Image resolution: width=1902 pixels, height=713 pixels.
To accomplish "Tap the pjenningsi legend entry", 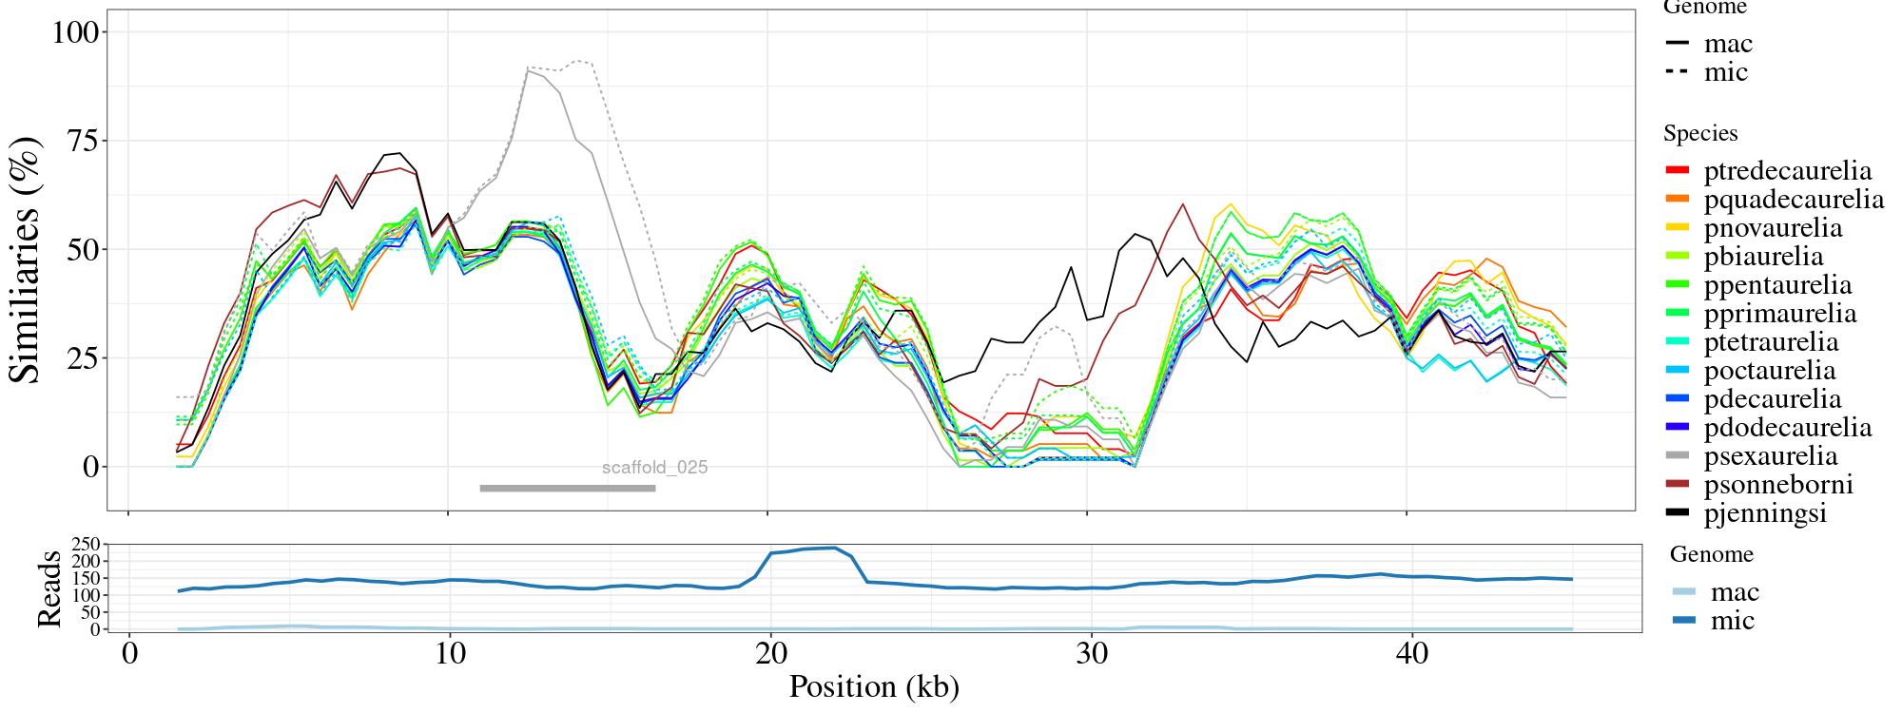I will [x=1765, y=513].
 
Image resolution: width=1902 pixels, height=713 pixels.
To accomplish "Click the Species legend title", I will [x=1700, y=133].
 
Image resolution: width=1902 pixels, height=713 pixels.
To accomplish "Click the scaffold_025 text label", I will [x=654, y=468].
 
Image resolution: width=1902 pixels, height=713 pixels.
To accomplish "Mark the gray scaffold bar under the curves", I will [x=568, y=489].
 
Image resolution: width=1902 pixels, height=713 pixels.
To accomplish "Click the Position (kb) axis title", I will [x=873, y=686].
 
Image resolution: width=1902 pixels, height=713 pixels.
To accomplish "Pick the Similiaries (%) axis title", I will [x=27, y=260].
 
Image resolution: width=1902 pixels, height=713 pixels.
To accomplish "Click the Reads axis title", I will [x=49, y=588].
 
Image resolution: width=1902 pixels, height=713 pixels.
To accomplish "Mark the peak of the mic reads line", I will [x=834, y=548].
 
